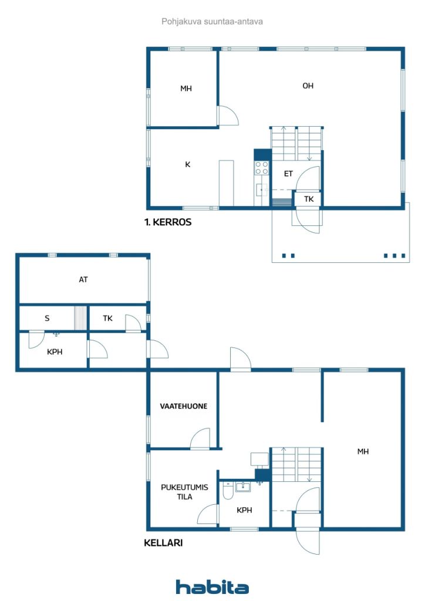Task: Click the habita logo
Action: click(x=212, y=587)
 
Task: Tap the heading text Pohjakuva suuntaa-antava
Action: click(x=212, y=22)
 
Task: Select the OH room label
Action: click(x=308, y=86)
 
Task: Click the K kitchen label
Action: click(x=188, y=164)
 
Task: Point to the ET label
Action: click(x=288, y=174)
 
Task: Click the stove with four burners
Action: click(x=262, y=168)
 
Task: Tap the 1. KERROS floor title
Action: click(x=168, y=222)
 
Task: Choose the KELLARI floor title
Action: click(x=163, y=543)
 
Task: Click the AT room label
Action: click(x=83, y=280)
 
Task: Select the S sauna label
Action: click(x=47, y=318)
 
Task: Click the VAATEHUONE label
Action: click(x=184, y=406)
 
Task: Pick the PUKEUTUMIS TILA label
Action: click(x=184, y=492)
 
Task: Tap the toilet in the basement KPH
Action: click(x=228, y=491)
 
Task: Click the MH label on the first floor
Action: click(x=186, y=89)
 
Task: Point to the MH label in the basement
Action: click(x=363, y=451)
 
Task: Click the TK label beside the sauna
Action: click(x=107, y=318)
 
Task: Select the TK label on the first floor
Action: click(x=309, y=199)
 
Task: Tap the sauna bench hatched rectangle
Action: click(x=80, y=318)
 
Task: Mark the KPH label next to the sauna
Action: click(x=55, y=352)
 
